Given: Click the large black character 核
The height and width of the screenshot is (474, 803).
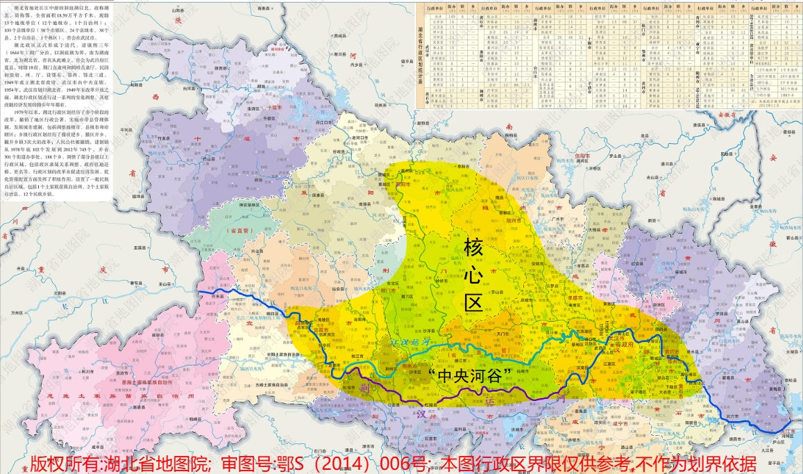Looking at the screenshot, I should [473, 248].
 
